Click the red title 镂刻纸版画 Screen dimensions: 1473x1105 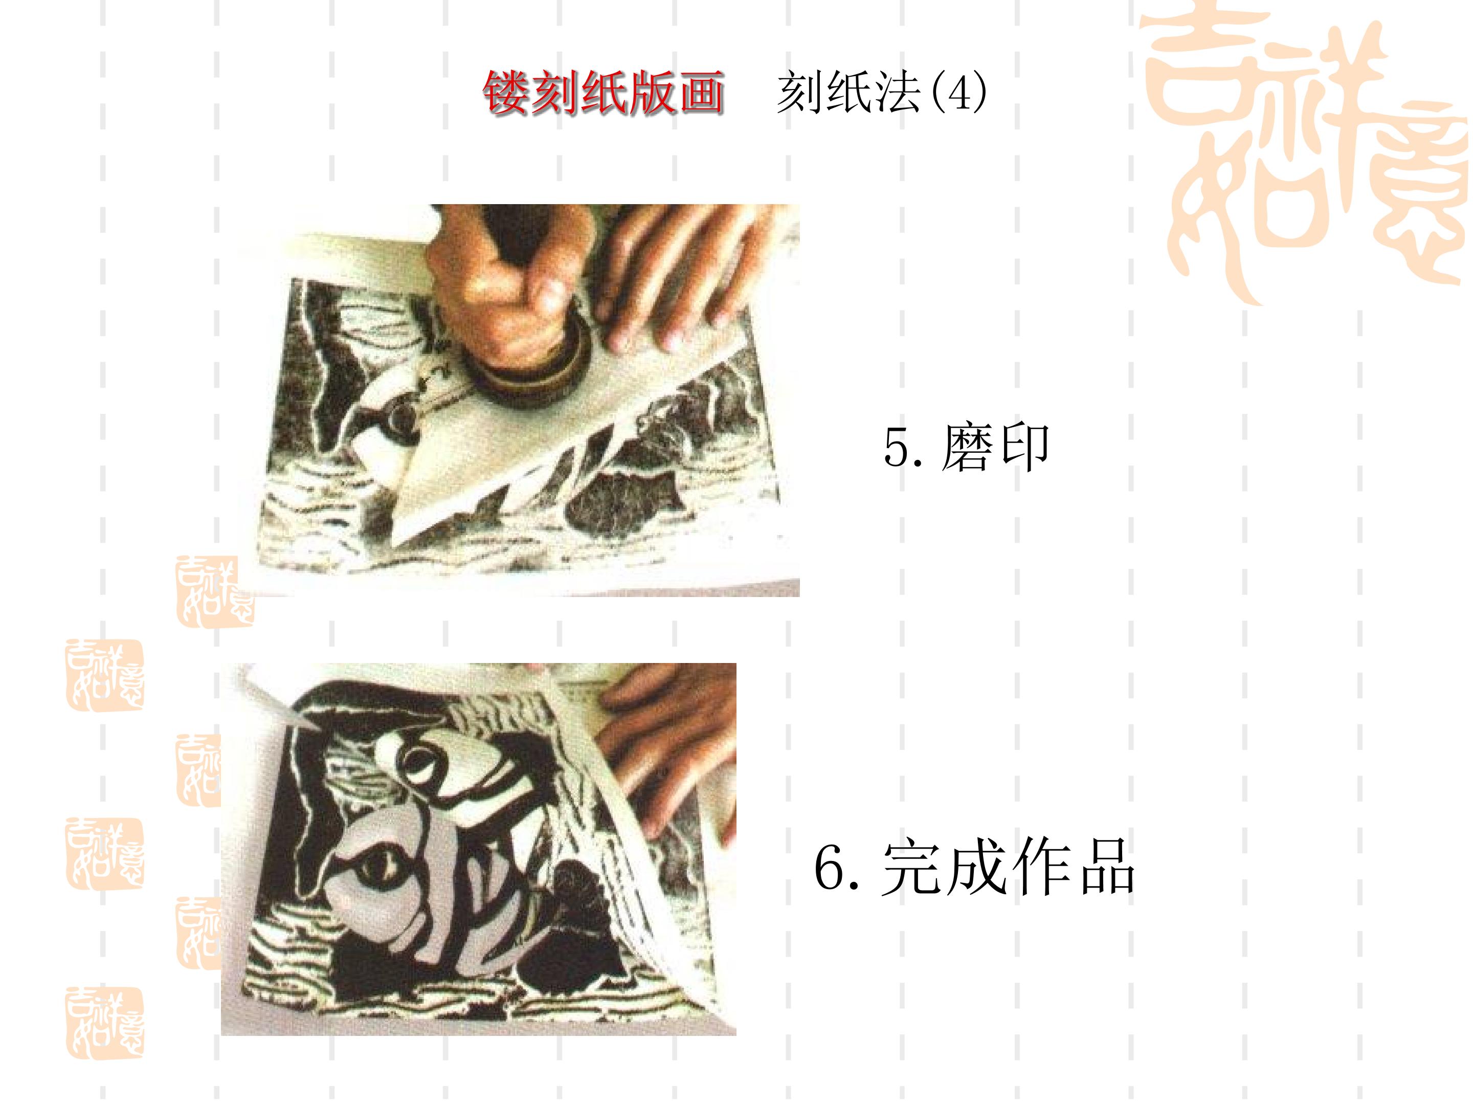(x=604, y=92)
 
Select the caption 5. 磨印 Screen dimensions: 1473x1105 (x=966, y=447)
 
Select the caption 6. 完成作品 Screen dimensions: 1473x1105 (x=974, y=867)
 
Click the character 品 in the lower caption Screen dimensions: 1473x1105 (x=1107, y=867)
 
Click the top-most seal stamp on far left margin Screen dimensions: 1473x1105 (x=104, y=675)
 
